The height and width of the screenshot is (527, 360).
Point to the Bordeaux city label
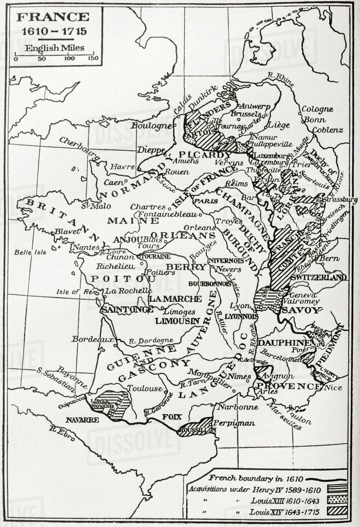(87, 339)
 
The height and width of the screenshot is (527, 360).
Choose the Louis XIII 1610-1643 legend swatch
(337, 499)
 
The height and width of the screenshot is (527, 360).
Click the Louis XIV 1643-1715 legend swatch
(337, 511)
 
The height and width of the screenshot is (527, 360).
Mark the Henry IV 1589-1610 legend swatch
(337, 489)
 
